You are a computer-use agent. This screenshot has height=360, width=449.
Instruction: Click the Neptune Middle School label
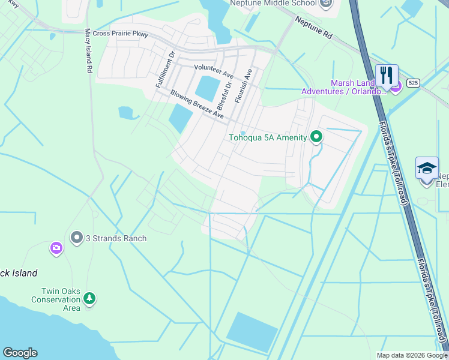273,4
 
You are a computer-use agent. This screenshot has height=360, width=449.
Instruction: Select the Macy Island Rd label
88,51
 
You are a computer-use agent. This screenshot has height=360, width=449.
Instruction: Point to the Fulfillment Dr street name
165,70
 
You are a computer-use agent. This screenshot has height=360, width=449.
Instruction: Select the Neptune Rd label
313,28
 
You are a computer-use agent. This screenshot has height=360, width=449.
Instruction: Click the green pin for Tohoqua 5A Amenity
316,137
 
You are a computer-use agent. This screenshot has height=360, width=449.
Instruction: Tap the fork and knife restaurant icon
387,76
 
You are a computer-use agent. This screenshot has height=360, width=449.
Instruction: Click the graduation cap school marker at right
427,168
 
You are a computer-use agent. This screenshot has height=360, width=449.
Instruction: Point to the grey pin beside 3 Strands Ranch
76,238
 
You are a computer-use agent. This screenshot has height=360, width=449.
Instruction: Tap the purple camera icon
56,248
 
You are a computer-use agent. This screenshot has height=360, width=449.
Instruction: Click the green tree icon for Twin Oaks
89,298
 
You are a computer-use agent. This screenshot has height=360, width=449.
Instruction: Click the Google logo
20,353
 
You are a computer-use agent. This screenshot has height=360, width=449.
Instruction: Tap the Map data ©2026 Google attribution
411,355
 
